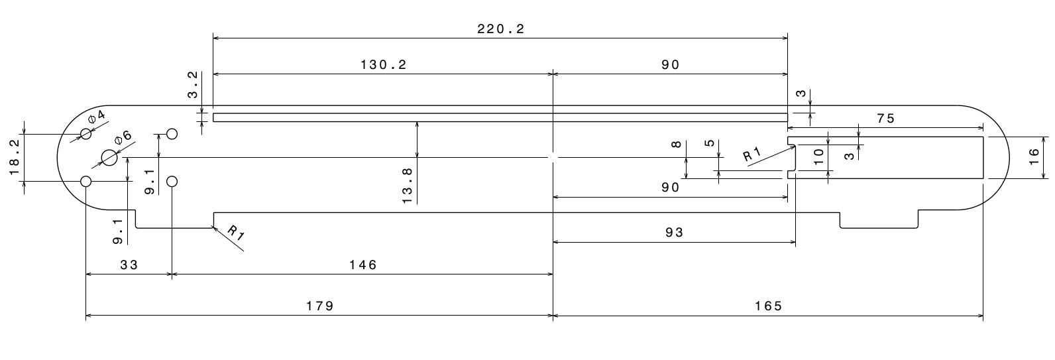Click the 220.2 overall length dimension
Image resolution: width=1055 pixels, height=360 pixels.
point(501,29)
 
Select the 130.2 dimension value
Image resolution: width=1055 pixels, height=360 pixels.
point(383,64)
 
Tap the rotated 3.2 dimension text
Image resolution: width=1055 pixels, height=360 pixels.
point(193,85)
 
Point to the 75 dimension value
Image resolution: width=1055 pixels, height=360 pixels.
point(885,119)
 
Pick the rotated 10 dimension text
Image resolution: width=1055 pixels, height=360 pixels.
point(819,156)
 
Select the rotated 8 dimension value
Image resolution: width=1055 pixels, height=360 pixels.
point(676,145)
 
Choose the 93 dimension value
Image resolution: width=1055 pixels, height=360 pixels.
point(673,232)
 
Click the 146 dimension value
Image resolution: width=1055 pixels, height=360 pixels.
point(362,265)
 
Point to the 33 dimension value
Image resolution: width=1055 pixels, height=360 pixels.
point(129,265)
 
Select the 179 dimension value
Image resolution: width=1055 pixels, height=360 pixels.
point(319,306)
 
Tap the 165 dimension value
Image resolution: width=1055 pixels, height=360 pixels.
point(768,306)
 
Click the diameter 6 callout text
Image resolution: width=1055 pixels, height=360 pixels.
point(123,137)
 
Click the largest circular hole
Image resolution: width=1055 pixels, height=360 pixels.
point(109,158)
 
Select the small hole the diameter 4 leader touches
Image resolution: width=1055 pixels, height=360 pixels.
point(85,134)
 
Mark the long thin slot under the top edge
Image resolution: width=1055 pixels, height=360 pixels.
point(500,117)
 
